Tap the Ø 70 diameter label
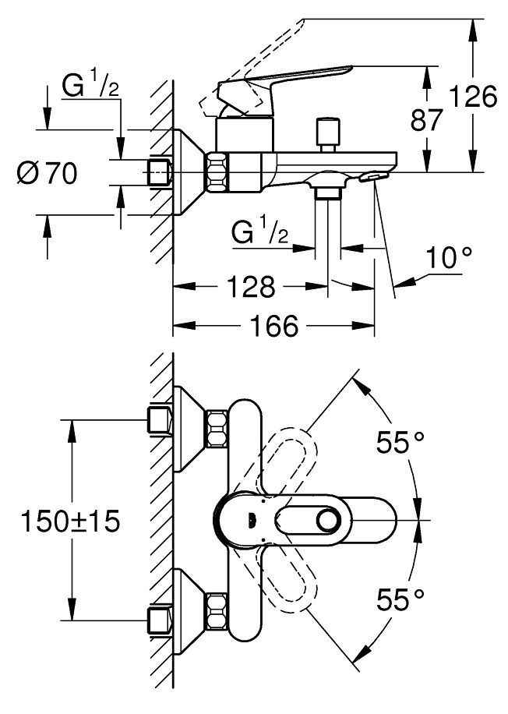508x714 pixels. coord(47,173)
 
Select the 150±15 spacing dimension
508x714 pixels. coord(71,521)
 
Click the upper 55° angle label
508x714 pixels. coord(401,443)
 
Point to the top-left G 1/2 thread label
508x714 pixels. coord(90,87)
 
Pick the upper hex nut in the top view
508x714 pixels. coord(216,429)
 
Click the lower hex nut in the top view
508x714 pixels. coord(216,610)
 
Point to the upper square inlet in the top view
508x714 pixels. coord(160,419)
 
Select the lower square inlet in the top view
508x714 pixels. coord(160,620)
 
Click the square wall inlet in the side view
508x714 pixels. coord(160,171)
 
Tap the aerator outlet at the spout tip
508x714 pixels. coord(372,178)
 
